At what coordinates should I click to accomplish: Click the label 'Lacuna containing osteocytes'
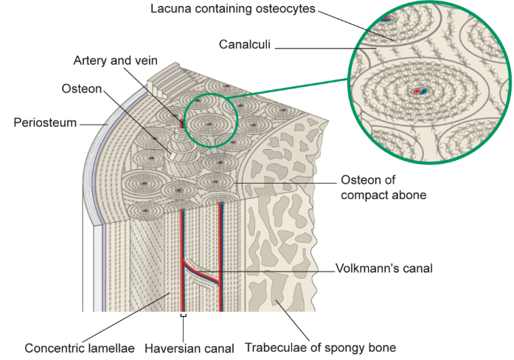[233, 9]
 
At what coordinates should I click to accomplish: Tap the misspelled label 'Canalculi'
[245, 44]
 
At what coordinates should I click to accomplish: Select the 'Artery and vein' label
[115, 60]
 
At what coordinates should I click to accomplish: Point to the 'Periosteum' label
[45, 122]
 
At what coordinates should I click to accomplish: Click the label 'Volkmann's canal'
[384, 269]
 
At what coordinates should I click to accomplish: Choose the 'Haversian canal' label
[190, 348]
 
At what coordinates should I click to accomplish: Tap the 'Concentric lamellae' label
[80, 348]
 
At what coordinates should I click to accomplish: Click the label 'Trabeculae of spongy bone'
[321, 347]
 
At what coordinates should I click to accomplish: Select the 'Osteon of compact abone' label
[383, 187]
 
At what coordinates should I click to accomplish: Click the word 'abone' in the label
[410, 195]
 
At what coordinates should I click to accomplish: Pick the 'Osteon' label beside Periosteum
[82, 89]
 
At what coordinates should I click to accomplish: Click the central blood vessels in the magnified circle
[420, 91]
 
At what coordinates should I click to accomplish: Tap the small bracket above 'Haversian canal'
[184, 316]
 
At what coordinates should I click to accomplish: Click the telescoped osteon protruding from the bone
[182, 153]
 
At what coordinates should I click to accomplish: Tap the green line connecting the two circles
[288, 89]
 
